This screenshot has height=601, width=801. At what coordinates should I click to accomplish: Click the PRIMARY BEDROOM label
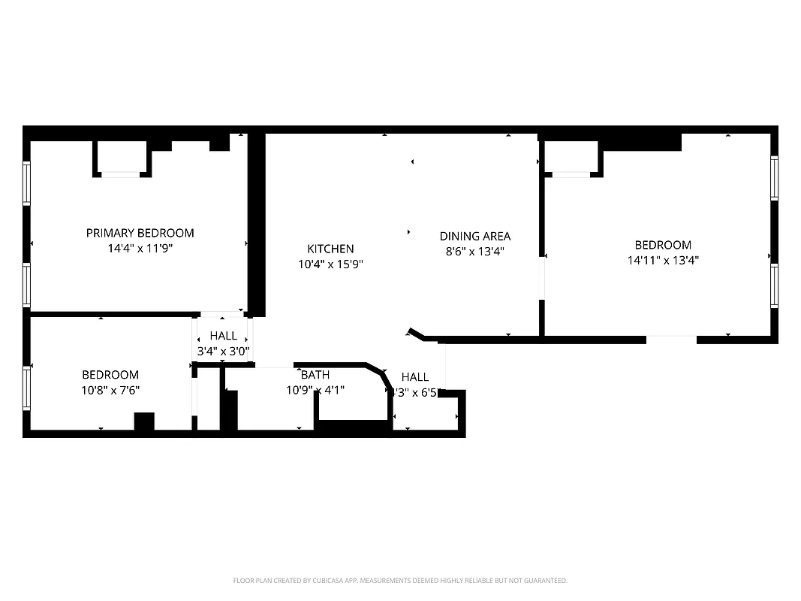pyautogui.click(x=140, y=233)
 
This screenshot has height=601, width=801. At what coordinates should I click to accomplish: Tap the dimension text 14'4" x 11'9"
pyautogui.click(x=140, y=249)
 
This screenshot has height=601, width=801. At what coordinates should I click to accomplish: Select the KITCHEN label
pyautogui.click(x=330, y=249)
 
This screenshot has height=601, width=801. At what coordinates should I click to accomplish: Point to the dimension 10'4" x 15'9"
pyautogui.click(x=330, y=264)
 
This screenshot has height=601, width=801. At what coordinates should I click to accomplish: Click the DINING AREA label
pyautogui.click(x=474, y=236)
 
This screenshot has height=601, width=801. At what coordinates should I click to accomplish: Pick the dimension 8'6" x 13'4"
pyautogui.click(x=474, y=252)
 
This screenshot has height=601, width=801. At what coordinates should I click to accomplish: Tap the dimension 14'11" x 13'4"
pyautogui.click(x=663, y=261)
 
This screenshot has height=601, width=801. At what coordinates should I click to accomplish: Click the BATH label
pyautogui.click(x=315, y=375)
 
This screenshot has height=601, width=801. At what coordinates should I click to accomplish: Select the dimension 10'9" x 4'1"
pyautogui.click(x=315, y=390)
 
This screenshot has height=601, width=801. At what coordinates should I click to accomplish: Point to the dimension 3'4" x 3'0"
pyautogui.click(x=223, y=351)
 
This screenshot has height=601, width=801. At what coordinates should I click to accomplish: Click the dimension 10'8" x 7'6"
pyautogui.click(x=110, y=390)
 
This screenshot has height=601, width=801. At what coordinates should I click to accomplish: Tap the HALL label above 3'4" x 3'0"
pyautogui.click(x=223, y=336)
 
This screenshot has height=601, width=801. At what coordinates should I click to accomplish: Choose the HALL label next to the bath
pyautogui.click(x=415, y=377)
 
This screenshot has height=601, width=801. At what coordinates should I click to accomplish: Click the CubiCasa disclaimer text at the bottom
pyautogui.click(x=400, y=581)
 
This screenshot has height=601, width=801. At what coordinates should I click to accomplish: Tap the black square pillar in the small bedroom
pyautogui.click(x=143, y=421)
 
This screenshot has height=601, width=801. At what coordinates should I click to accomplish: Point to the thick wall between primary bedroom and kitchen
pyautogui.click(x=256, y=225)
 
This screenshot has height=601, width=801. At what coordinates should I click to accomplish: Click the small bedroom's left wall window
pyautogui.click(x=26, y=387)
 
